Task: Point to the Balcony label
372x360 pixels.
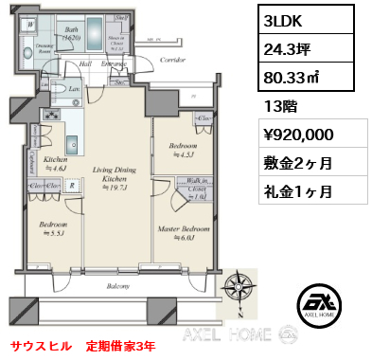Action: [x=117, y=284]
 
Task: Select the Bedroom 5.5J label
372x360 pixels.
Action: [x=51, y=228]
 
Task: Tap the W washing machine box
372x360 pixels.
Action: [x=30, y=26]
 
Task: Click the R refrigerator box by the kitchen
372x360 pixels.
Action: [x=73, y=186]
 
